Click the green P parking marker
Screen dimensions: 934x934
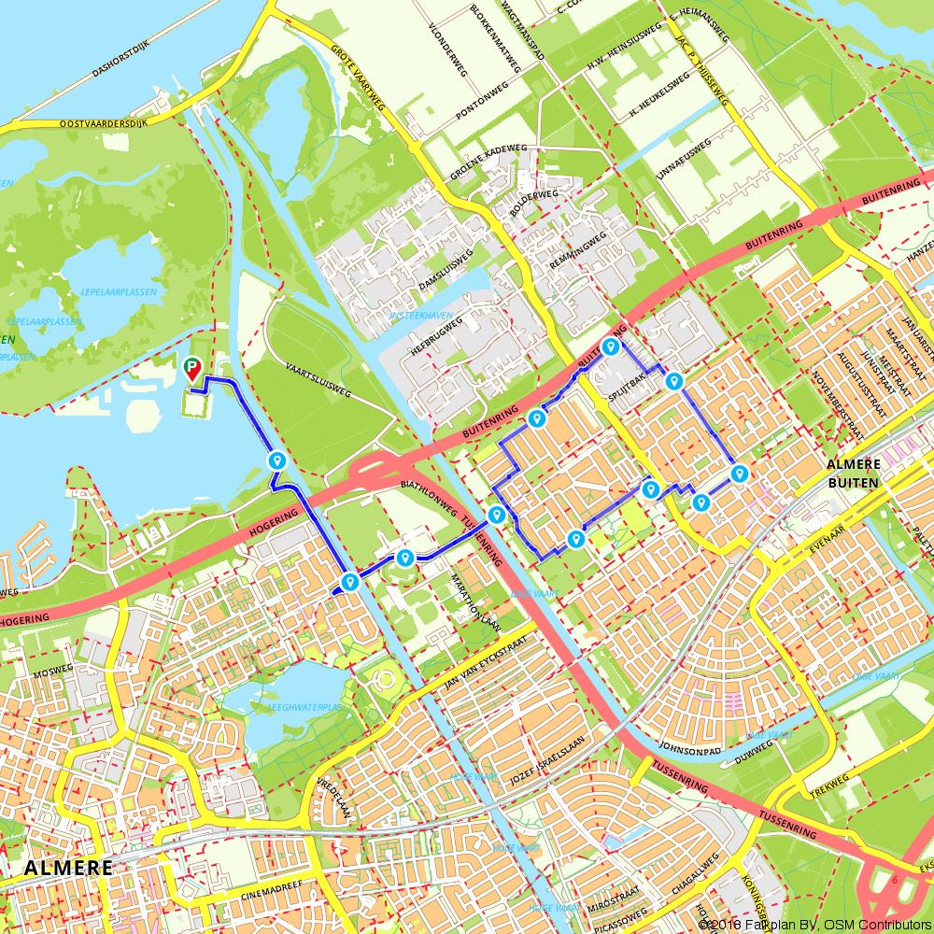[x=192, y=369]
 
